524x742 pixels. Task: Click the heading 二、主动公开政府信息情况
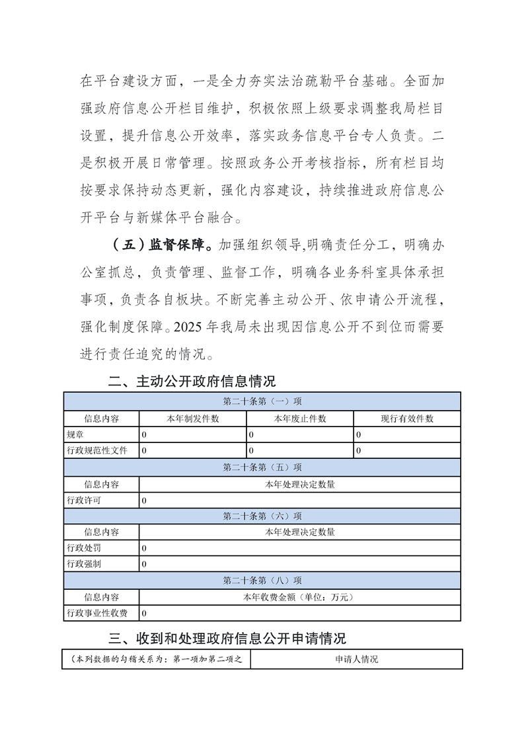click(192, 382)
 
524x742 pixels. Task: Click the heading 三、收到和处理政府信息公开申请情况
click(228, 638)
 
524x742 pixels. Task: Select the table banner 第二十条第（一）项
click(262, 401)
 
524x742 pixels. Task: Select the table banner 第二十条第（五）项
click(262, 468)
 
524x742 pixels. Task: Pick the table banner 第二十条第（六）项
click(262, 516)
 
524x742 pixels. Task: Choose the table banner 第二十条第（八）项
click(262, 580)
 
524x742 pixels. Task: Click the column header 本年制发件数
click(193, 419)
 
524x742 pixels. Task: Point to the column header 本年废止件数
click(300, 419)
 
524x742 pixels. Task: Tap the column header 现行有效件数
click(407, 419)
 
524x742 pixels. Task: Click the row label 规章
click(75, 434)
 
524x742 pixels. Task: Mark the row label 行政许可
click(84, 501)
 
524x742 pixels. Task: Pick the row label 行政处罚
click(84, 548)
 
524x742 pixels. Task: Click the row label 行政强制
click(84, 564)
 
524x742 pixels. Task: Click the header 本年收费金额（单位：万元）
click(300, 597)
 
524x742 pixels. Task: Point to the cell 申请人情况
click(356, 659)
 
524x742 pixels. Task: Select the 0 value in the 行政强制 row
click(144, 564)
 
